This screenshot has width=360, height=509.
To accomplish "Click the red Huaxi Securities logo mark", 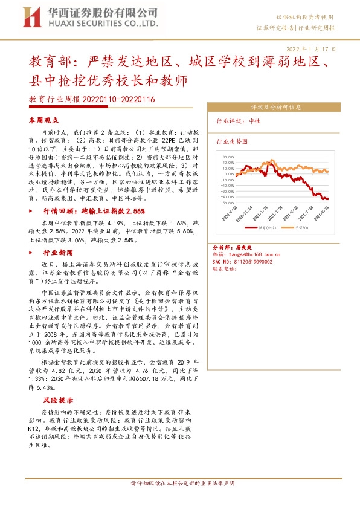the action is pos(30,17).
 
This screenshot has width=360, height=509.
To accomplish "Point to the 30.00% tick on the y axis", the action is pos(228,156).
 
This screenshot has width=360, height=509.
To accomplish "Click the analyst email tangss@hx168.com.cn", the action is pos(257,255).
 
